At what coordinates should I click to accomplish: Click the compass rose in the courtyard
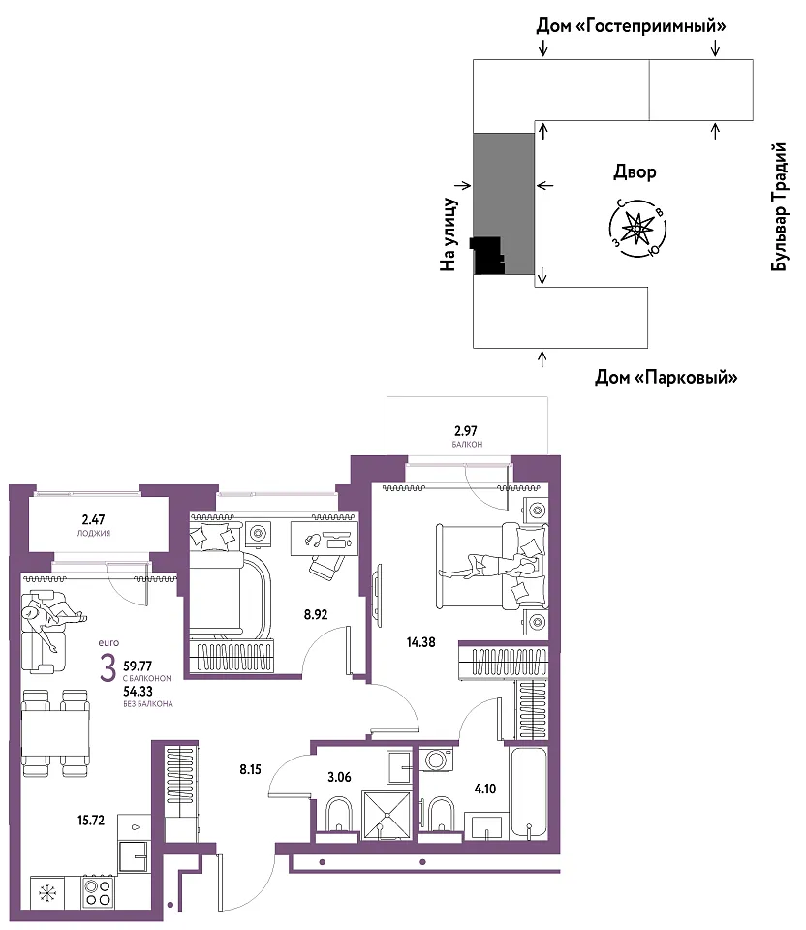tap(637, 228)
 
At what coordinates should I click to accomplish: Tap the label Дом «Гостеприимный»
tap(631, 26)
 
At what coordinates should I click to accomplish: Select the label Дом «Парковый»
tap(666, 377)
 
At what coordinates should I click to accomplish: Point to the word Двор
tap(635, 172)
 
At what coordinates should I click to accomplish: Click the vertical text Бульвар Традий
tap(779, 207)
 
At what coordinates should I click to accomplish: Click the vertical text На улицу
tap(449, 234)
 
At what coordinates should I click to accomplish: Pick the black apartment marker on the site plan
tap(487, 256)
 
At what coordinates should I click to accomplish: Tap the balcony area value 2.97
tap(466, 431)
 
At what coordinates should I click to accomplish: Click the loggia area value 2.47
tap(94, 519)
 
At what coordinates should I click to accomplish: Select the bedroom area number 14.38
tap(421, 641)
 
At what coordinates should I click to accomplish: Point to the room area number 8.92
tap(316, 614)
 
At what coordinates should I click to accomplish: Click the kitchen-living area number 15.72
tap(91, 821)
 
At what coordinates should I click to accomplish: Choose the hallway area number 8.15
tap(250, 769)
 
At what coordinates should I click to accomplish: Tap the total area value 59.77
tap(138, 666)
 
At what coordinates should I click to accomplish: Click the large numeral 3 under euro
tap(108, 669)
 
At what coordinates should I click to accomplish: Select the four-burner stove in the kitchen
tap(97, 892)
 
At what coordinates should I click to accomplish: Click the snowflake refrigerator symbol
tap(46, 892)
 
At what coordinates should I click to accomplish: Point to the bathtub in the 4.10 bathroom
tap(528, 792)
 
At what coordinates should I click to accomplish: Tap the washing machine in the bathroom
tap(437, 759)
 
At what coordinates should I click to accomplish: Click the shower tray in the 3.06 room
tap(387, 815)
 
